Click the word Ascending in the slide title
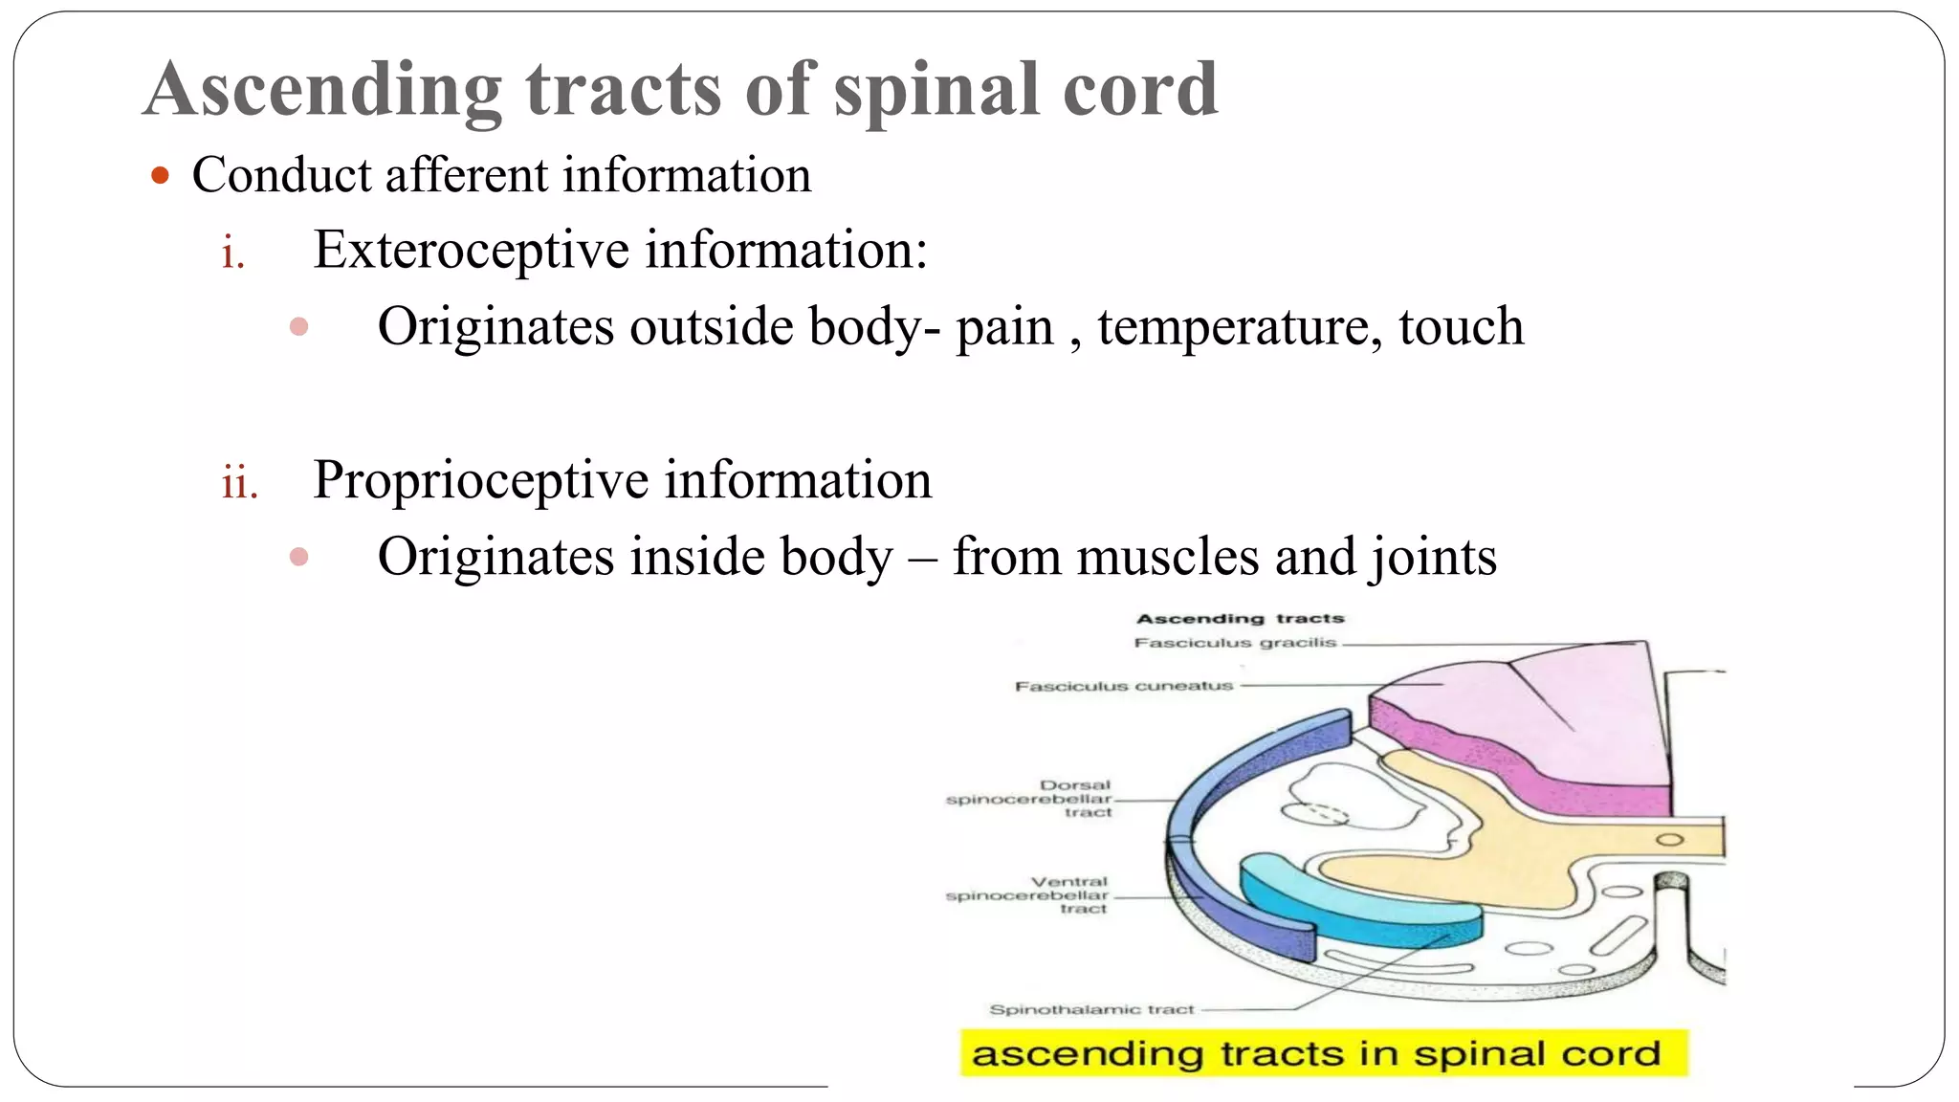(x=323, y=91)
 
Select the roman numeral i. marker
(x=232, y=253)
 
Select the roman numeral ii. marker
(x=239, y=482)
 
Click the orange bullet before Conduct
(x=160, y=176)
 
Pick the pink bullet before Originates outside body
(x=298, y=327)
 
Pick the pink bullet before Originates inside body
(x=298, y=557)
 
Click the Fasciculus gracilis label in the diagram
(x=1234, y=643)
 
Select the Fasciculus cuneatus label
(x=1124, y=686)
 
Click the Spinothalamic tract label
(x=1091, y=1009)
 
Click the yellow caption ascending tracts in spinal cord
(x=1323, y=1053)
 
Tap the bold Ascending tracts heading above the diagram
(x=1240, y=619)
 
